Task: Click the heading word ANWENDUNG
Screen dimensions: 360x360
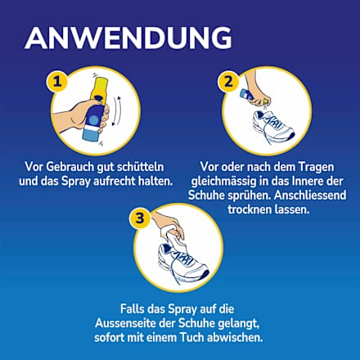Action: click(128, 38)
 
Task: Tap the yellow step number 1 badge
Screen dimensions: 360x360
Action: click(56, 82)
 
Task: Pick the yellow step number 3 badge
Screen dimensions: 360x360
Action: click(141, 218)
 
